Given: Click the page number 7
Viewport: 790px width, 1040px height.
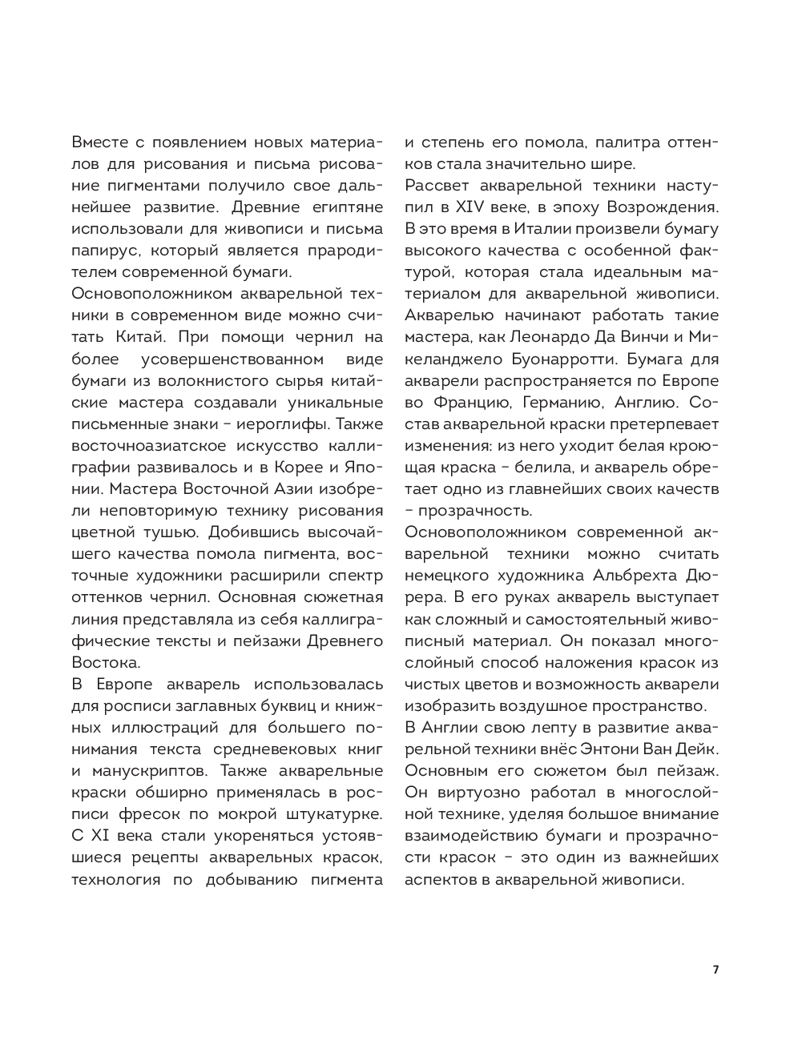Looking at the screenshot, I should click(715, 970).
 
